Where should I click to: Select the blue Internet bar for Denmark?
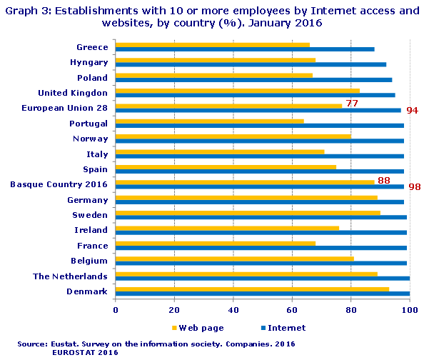[262, 294]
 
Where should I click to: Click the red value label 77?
[351, 104]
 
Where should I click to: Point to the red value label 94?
[412, 111]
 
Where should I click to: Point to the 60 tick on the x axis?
[292, 310]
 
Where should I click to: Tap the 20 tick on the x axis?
[174, 310]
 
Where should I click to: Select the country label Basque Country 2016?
[59, 184]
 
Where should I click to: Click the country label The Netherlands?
[70, 276]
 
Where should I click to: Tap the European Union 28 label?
[64, 108]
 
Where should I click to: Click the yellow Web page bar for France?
[215, 244]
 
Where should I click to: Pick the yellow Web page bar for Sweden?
[248, 213]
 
